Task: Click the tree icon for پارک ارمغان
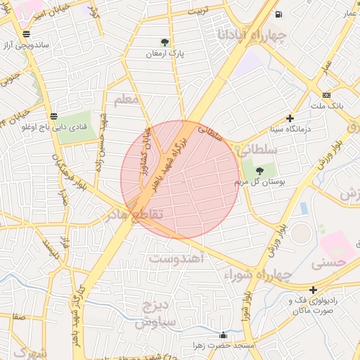pos(165,42)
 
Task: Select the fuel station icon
pos(279,15)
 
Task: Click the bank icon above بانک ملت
pos(326,95)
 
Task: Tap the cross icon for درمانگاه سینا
pos(290,118)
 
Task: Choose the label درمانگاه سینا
pos(290,129)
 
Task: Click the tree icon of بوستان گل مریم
pos(260,170)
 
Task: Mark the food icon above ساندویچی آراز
pos(26,33)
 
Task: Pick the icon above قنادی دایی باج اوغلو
pos(54,116)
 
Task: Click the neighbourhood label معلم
pos(127,99)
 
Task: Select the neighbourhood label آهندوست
pos(176,258)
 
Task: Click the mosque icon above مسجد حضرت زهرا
pos(224,335)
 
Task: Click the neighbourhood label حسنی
pos(330,263)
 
